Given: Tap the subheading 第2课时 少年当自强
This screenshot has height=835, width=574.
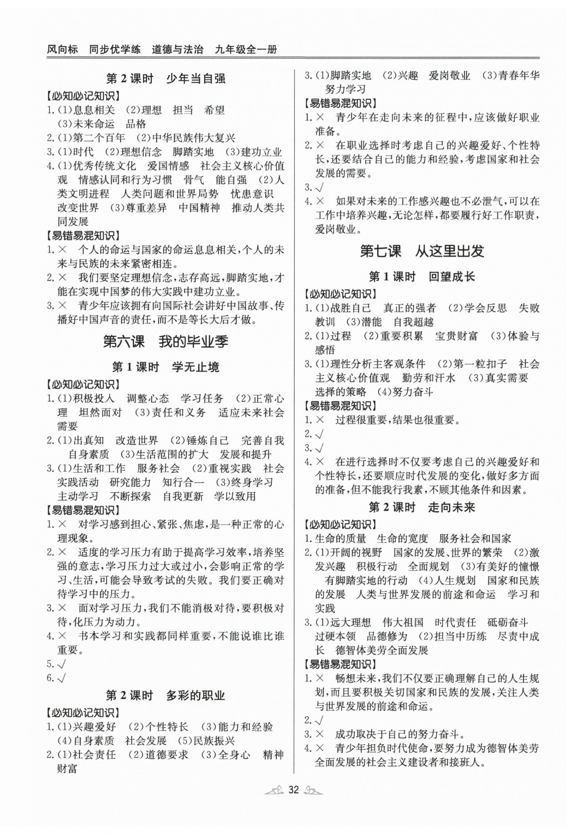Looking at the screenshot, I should [166, 78].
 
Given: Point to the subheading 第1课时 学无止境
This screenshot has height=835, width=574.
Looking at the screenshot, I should [165, 367].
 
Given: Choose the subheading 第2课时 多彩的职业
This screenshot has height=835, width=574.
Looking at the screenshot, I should [165, 695].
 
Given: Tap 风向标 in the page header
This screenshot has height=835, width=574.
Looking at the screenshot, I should [62, 49].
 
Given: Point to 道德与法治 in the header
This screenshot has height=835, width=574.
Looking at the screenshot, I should [177, 49].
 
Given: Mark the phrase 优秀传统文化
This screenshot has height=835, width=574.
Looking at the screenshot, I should [104, 166].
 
